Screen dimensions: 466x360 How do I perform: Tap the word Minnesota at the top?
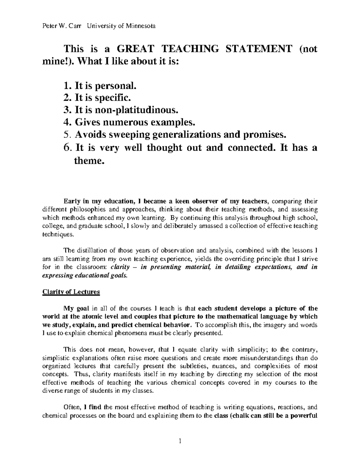(x=139, y=26)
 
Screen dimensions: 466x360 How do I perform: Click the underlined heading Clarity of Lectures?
(x=71, y=292)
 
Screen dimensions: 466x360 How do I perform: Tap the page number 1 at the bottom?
(x=180, y=441)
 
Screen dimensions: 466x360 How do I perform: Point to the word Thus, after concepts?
(x=82, y=374)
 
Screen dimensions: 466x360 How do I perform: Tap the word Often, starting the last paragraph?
(x=72, y=407)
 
